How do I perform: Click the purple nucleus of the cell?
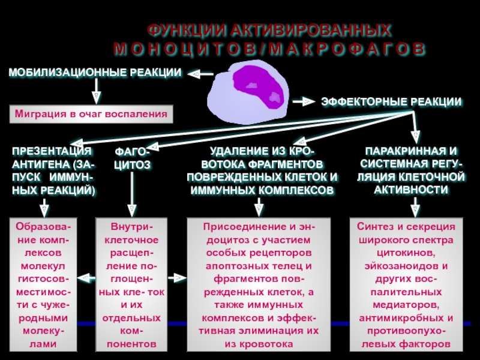pyautogui.click(x=259, y=87)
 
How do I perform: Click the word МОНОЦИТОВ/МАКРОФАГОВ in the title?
pyautogui.click(x=269, y=49)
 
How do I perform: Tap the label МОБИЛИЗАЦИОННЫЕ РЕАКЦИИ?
pyautogui.click(x=95, y=73)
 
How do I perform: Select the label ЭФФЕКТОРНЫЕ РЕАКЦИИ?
pyautogui.click(x=391, y=102)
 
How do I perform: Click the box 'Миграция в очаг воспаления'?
pyautogui.click(x=91, y=114)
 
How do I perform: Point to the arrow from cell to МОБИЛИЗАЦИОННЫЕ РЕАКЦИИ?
pyautogui.click(x=200, y=74)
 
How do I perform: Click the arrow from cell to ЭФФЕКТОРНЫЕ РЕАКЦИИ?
pyautogui.click(x=304, y=101)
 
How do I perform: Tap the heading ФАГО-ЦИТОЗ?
pyautogui.click(x=133, y=158)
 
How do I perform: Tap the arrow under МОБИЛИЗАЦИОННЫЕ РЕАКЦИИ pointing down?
pyautogui.click(x=97, y=91)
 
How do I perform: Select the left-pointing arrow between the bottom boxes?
pyautogui.click(x=86, y=278)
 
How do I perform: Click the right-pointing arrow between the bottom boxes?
pyautogui.click(x=177, y=278)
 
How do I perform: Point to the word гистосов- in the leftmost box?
pyautogui.click(x=43, y=279)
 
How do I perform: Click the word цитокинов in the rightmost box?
pyautogui.click(x=406, y=253)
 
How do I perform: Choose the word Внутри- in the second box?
pyautogui.click(x=131, y=227)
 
